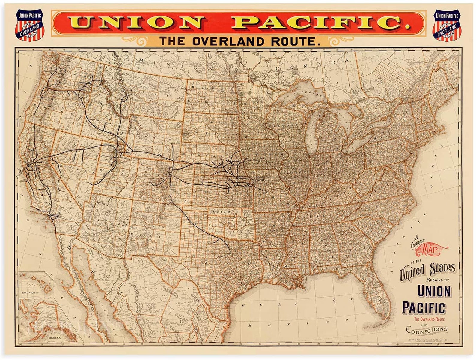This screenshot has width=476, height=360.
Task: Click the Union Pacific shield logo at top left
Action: click(x=30, y=25)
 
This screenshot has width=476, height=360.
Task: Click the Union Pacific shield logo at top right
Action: click(x=447, y=25)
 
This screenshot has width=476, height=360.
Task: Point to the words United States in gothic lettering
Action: click(x=427, y=269)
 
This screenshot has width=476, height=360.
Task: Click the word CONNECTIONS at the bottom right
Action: click(x=427, y=330)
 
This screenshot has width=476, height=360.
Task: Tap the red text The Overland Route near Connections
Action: click(x=429, y=319)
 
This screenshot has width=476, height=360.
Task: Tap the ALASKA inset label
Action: click(x=55, y=337)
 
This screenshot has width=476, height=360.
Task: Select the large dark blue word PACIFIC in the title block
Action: click(x=424, y=308)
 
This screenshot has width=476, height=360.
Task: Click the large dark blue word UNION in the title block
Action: click(x=434, y=292)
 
